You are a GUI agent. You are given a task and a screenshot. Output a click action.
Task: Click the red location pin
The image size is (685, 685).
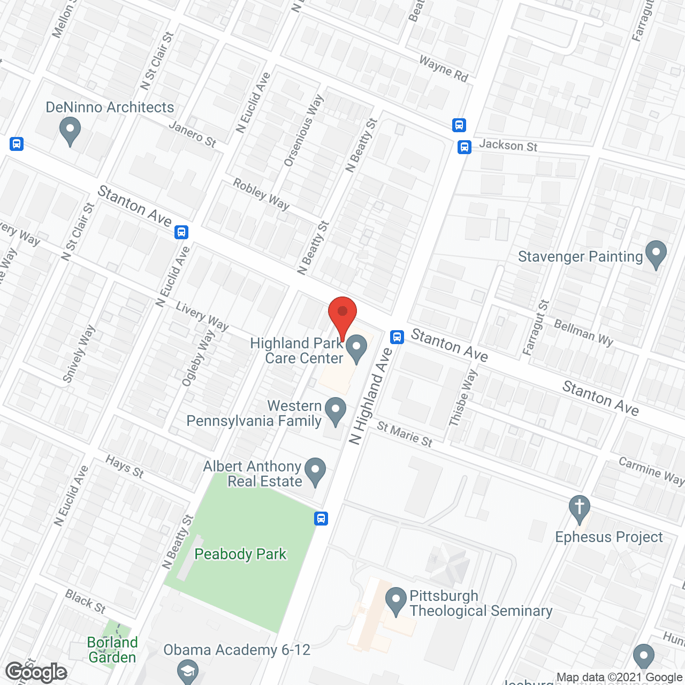pyautogui.click(x=342, y=313)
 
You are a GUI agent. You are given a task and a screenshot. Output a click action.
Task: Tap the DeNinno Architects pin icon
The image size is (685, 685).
pyautogui.click(x=70, y=131)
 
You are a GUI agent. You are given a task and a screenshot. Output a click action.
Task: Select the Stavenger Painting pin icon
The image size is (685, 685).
pyautogui.click(x=656, y=254)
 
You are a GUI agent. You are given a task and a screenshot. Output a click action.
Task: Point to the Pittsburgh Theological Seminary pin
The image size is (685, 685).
pyautogui.click(x=396, y=600)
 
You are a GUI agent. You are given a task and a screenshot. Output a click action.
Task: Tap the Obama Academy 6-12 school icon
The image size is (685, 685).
pyautogui.click(x=188, y=672)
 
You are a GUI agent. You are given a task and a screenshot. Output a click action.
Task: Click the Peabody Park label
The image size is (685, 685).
pyautogui.click(x=240, y=554)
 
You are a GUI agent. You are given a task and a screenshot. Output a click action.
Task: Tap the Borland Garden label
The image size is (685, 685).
pyautogui.click(x=112, y=650)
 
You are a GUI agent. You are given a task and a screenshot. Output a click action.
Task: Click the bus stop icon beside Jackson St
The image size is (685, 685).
pyautogui.click(x=465, y=147)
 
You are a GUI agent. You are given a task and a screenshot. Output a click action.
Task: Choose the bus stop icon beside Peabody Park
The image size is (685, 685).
pyautogui.click(x=321, y=518)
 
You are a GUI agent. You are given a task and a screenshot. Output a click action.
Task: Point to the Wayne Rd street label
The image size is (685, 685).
pyautogui.click(x=444, y=69)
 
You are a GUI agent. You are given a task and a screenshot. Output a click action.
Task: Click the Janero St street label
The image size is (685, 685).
pyautogui.click(x=192, y=134)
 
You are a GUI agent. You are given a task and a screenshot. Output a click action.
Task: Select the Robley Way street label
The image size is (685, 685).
pyautogui.click(x=261, y=194)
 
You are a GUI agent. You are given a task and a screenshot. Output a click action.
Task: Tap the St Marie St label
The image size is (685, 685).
pyautogui.click(x=405, y=433)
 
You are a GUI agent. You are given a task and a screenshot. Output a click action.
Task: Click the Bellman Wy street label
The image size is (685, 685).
pyautogui.click(x=584, y=332)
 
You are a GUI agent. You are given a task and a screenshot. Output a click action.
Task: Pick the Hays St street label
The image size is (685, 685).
pyautogui.click(x=125, y=466)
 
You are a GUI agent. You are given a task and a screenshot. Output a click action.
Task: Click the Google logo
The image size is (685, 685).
pyautogui.click(x=36, y=672)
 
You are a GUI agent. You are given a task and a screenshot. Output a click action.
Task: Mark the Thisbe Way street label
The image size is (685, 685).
pyautogui.click(x=462, y=398)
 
